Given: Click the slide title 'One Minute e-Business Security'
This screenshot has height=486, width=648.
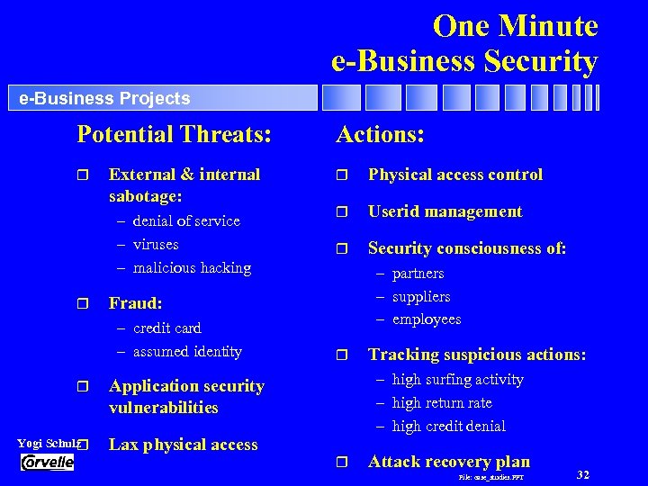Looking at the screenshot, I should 464,43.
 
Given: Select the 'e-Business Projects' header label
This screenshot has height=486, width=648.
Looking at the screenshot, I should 104,98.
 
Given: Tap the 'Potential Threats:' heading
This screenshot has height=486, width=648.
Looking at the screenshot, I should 174,135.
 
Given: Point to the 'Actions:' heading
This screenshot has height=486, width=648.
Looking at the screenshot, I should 380,135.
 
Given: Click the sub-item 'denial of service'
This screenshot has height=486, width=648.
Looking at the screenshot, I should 185,221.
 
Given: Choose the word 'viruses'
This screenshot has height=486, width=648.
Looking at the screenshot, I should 156,245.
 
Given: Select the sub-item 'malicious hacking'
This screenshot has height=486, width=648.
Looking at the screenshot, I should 192,268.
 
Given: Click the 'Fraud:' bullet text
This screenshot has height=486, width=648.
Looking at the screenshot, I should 135,304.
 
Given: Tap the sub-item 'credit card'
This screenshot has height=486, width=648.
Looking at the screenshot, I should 166,328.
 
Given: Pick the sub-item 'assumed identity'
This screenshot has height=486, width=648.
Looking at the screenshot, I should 187,352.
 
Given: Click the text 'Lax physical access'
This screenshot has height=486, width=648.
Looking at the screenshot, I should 183,445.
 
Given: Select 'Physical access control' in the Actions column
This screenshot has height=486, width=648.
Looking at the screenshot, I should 455,175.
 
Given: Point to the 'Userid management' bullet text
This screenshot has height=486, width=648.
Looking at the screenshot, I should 445,211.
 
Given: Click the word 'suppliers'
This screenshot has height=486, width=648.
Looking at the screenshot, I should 421,297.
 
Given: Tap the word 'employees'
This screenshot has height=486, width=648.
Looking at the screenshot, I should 426,319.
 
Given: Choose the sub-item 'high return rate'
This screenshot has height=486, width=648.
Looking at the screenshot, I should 442,403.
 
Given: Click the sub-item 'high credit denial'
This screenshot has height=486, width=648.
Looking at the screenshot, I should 448,427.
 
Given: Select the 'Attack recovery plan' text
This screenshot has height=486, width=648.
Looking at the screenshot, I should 449,462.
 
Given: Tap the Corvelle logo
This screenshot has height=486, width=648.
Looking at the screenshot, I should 47,463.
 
